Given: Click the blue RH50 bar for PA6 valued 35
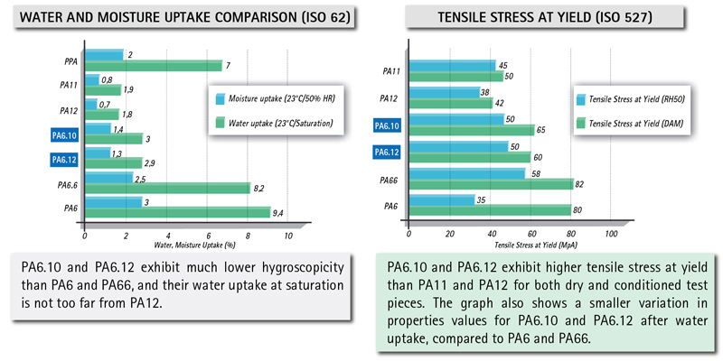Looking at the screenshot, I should (x=442, y=199).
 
